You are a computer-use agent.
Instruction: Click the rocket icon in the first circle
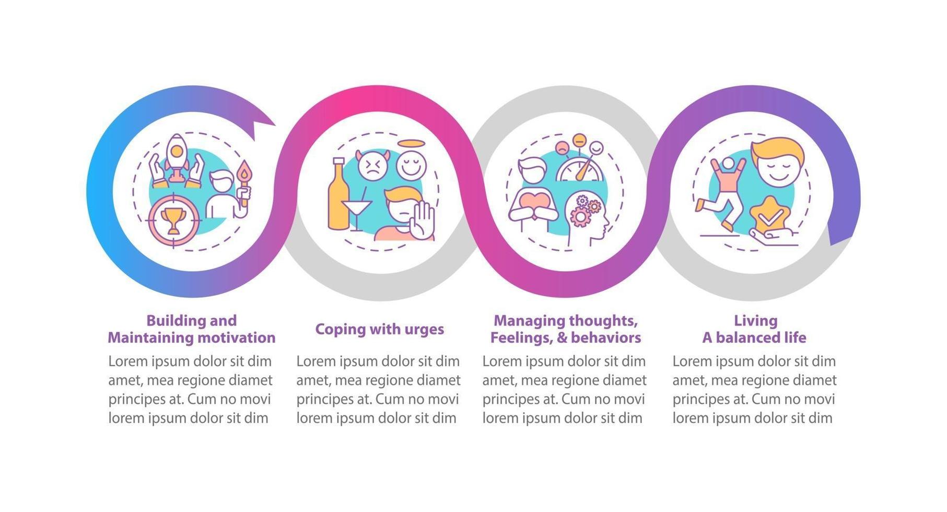[177, 155]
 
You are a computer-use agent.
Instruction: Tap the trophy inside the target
[173, 220]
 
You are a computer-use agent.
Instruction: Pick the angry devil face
[371, 166]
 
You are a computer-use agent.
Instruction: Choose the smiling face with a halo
[411, 164]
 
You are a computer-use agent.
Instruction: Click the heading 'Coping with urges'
[379, 329]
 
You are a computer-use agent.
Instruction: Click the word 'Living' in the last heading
[755, 320]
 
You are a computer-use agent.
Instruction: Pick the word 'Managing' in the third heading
[529, 320]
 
